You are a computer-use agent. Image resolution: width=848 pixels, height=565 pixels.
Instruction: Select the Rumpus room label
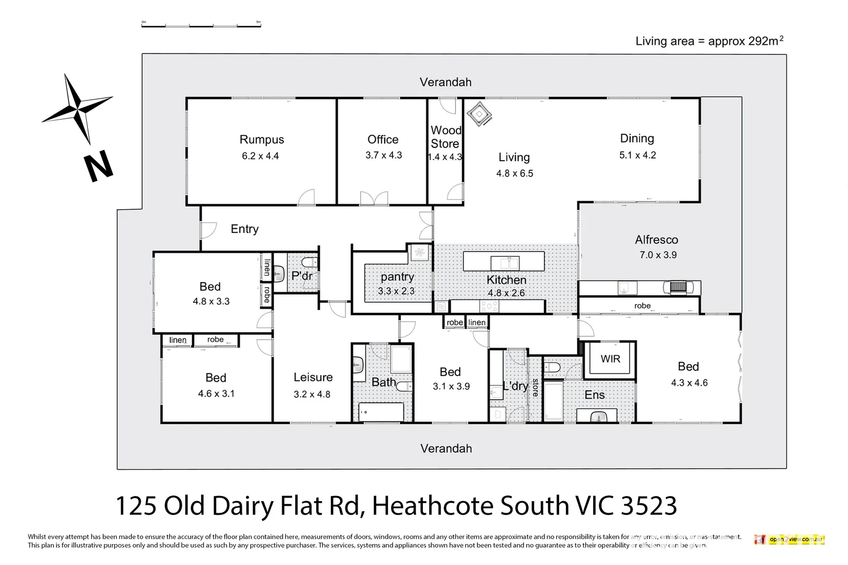click(x=262, y=140)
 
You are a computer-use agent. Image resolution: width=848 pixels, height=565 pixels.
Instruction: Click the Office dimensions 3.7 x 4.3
click(x=384, y=155)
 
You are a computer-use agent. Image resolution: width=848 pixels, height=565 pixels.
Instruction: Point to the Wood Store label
click(x=445, y=137)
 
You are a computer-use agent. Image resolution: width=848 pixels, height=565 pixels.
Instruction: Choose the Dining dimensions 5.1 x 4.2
click(x=638, y=155)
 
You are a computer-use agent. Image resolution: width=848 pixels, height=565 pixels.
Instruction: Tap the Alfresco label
click(x=656, y=240)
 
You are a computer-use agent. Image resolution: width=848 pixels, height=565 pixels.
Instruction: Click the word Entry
click(x=244, y=229)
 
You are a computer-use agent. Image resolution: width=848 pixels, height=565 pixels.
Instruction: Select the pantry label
click(x=397, y=277)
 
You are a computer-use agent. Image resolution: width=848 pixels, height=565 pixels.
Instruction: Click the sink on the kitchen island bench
click(x=505, y=263)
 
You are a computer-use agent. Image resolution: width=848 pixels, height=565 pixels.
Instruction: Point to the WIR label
click(x=610, y=359)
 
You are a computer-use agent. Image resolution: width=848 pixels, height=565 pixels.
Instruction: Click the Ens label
click(x=595, y=395)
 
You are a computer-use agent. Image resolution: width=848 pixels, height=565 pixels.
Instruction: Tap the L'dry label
click(x=516, y=386)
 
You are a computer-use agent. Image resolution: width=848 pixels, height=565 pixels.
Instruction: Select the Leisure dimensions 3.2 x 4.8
click(x=312, y=394)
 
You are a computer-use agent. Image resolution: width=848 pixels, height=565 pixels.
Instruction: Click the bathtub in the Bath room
click(x=381, y=412)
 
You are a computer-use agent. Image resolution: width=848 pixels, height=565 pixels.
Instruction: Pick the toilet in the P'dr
click(x=309, y=262)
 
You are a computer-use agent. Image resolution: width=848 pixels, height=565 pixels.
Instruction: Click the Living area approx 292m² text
click(x=709, y=41)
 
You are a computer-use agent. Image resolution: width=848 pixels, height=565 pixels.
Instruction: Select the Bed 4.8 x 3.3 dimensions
click(x=211, y=301)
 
